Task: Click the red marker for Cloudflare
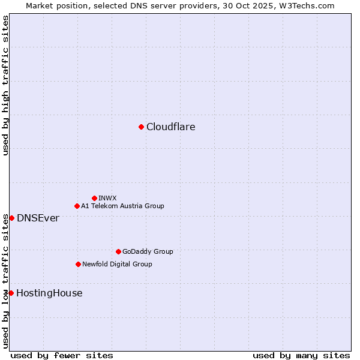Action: (141, 127)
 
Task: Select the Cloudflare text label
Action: (170, 127)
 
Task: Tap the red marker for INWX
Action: (94, 198)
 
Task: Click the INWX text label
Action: (107, 198)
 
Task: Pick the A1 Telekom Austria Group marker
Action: (77, 206)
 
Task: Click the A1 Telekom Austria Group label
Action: (122, 206)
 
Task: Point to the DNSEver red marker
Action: (11, 218)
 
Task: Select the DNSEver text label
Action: (38, 218)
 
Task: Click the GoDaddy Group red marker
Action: (118, 251)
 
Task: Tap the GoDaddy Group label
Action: (148, 251)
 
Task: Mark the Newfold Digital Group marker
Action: (78, 264)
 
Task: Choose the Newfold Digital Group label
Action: (117, 264)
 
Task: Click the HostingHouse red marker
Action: (11, 293)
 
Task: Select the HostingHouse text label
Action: (49, 293)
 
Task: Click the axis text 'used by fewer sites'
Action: (62, 355)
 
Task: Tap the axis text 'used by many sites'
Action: (301, 355)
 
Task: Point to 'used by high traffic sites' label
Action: (5, 85)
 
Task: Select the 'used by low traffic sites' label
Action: (5, 281)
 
